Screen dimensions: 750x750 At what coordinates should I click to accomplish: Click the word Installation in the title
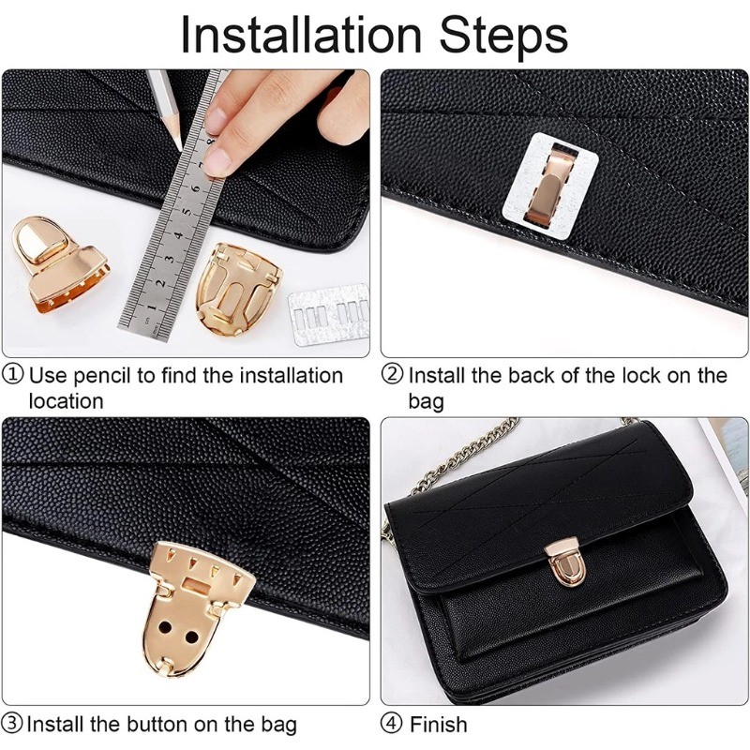pyautogui.click(x=301, y=35)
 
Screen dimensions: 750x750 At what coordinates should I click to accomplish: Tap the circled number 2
pyautogui.click(x=392, y=374)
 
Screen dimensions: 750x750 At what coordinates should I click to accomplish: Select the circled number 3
pyautogui.click(x=12, y=723)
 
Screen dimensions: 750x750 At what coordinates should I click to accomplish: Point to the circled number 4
pyautogui.click(x=392, y=723)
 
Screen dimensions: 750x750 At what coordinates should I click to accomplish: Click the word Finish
pyautogui.click(x=438, y=724)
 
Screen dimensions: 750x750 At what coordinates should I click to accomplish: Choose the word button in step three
pyautogui.click(x=157, y=724)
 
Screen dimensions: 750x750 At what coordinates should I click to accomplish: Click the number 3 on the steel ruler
pyautogui.click(x=170, y=260)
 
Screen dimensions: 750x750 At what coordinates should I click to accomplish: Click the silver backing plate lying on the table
pyautogui.click(x=329, y=314)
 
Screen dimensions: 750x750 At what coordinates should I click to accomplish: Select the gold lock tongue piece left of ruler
pyautogui.click(x=58, y=266)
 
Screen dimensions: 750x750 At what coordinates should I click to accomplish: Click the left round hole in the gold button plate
pyautogui.click(x=167, y=626)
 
